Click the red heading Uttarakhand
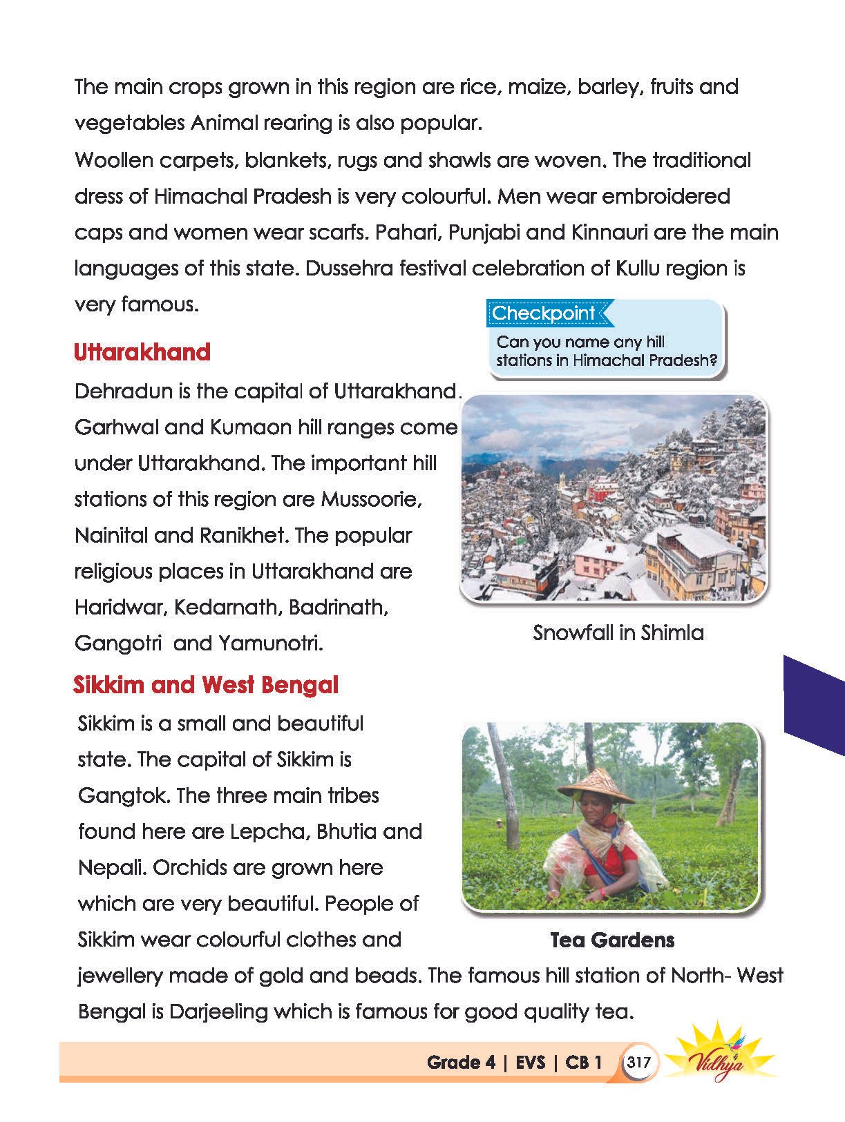pos(142,352)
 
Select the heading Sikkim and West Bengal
pos(206,685)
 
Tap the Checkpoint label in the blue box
pos(543,313)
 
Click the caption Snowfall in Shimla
pos(618,632)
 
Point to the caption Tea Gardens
pos(612,940)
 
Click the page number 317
pos(638,1061)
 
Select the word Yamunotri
pos(271,643)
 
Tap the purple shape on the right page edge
pos(813,704)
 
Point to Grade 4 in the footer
pos(461,1062)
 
